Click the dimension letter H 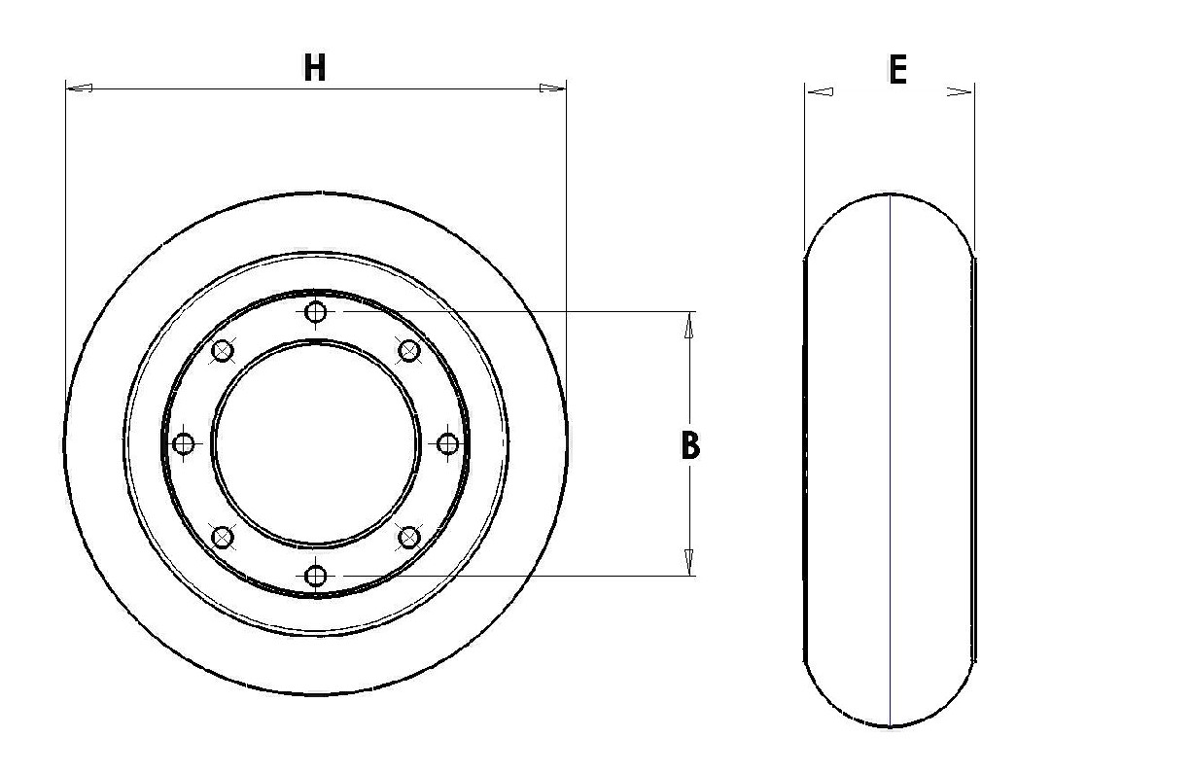pyautogui.click(x=314, y=67)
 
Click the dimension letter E pyautogui.click(x=897, y=70)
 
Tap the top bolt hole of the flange pyautogui.click(x=316, y=312)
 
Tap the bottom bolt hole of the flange pyautogui.click(x=316, y=576)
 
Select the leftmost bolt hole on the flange pyautogui.click(x=184, y=443)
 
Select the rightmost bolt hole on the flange pyautogui.click(x=447, y=443)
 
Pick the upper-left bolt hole pyautogui.click(x=223, y=351)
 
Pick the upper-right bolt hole pyautogui.click(x=408, y=351)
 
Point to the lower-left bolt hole pyautogui.click(x=223, y=537)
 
